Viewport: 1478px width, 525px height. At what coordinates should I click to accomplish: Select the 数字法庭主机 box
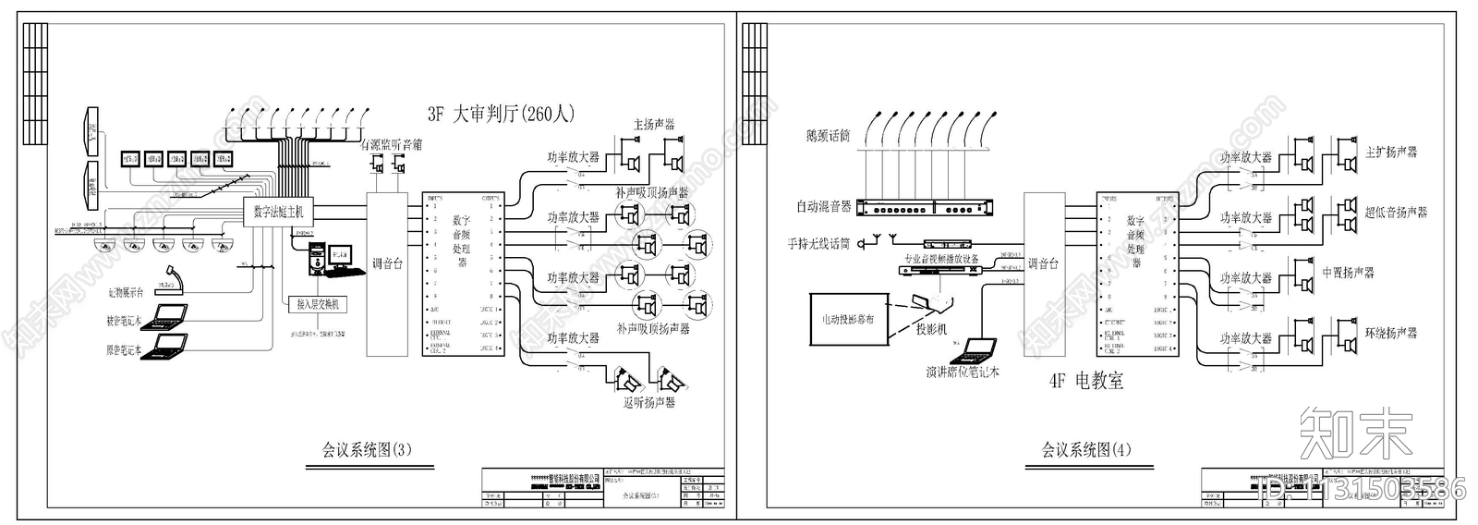pos(278,212)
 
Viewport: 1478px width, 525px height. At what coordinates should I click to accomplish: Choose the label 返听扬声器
pos(648,402)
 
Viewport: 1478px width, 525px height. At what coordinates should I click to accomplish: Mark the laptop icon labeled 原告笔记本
pos(169,346)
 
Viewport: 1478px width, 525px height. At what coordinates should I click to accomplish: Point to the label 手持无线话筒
pos(818,244)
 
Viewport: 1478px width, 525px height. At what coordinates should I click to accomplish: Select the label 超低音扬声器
pos(1396,213)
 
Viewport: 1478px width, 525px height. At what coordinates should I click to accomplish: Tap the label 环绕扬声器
pos(1390,333)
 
